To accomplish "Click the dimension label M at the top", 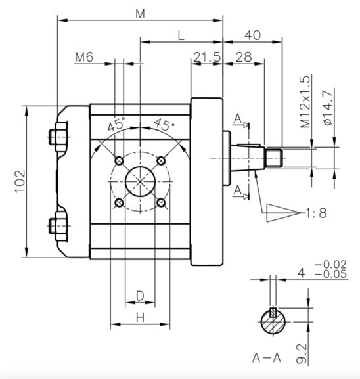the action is [140, 14].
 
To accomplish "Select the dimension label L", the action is [181, 35].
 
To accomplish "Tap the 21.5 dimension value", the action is [207, 57].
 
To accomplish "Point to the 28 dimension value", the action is [244, 57].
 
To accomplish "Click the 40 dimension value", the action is [253, 35].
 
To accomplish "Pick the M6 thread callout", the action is [84, 57].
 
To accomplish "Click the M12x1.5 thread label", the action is [305, 102].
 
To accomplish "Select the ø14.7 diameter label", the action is [328, 108].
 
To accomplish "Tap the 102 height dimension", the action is [20, 181].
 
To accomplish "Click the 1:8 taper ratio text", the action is [316, 213].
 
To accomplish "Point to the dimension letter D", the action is [140, 296].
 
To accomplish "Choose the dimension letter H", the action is [140, 317].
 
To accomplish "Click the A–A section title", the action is [267, 357].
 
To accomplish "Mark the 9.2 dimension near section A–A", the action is [302, 353].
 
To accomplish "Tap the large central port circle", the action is [140, 181].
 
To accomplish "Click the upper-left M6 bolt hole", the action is [119, 160].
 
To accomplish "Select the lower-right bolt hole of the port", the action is [161, 202].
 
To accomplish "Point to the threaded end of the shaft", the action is [274, 158].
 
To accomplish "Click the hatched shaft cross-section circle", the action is [273, 322].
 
